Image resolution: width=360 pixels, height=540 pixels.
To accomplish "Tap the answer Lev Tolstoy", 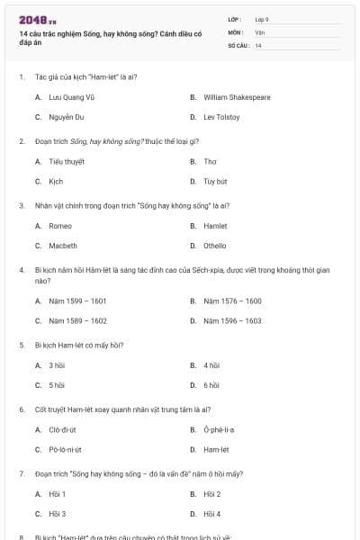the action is pos(221,117).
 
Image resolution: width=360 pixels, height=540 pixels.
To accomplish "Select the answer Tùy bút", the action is pos(212,181).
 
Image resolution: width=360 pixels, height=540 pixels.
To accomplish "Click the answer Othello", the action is pos(215,245).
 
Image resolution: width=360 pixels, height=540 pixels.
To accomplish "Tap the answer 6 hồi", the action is pos(211,385).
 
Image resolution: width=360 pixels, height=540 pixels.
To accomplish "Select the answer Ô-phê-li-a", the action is pos(219,429).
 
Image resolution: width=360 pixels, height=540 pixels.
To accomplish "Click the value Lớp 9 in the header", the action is pos(262,18).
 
